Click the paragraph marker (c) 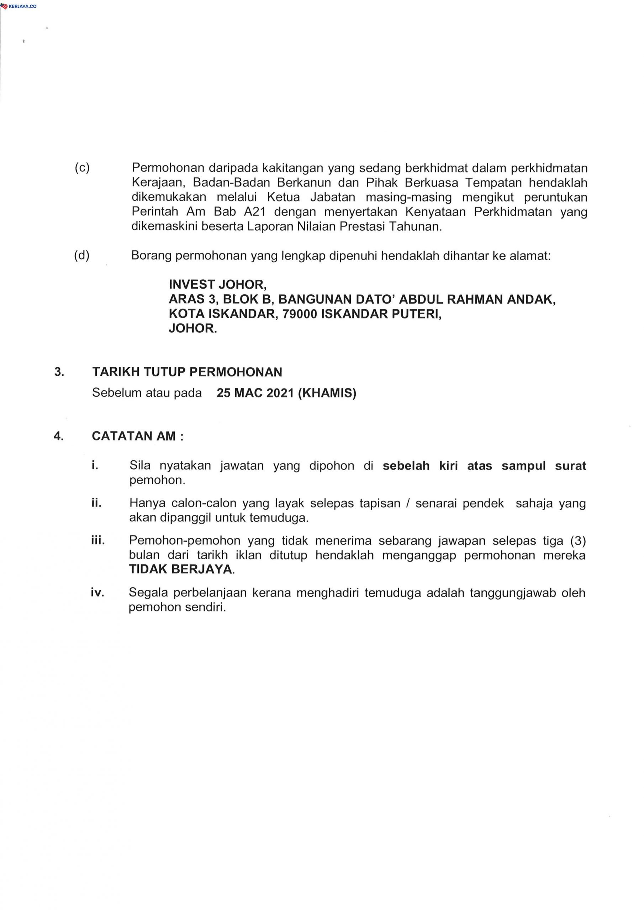click(x=82, y=168)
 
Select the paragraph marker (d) click(x=82, y=256)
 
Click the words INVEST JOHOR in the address click(x=217, y=285)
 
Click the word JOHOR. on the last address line click(x=193, y=328)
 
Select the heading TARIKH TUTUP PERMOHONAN click(x=187, y=372)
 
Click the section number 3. click(x=59, y=372)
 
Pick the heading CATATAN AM click(x=134, y=436)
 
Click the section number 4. click(x=59, y=436)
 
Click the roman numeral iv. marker click(x=97, y=593)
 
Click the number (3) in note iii click(x=578, y=541)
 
